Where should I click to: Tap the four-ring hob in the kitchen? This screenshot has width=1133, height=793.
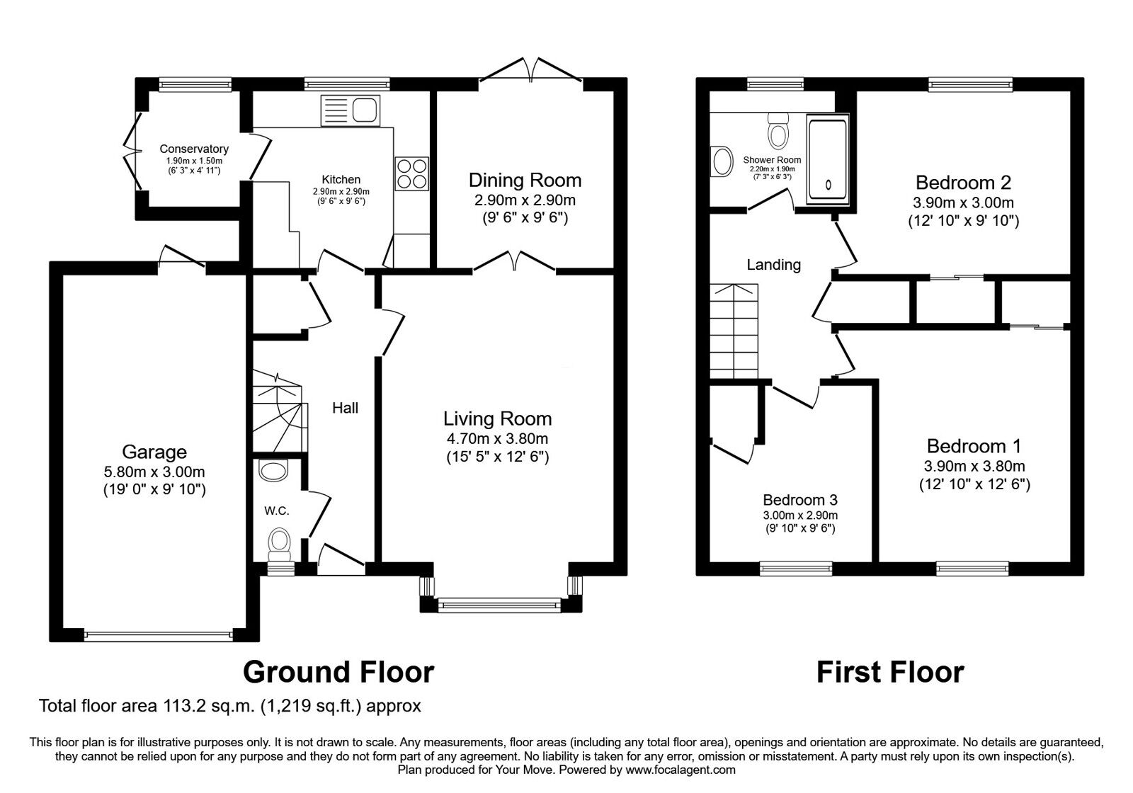point(411,173)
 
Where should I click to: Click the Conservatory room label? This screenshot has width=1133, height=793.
point(194,149)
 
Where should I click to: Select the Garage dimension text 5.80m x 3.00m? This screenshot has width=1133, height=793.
point(154,472)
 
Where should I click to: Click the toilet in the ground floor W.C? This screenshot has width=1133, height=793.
point(280,543)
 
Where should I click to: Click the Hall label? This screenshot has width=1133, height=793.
point(346,408)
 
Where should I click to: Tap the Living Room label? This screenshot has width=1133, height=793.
point(497,418)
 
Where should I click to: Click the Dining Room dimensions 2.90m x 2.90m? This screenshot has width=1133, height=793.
point(525,200)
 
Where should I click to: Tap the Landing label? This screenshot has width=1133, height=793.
point(773,265)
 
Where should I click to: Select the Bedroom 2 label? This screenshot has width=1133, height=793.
point(963,183)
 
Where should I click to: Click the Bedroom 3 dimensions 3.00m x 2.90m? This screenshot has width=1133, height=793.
point(800,515)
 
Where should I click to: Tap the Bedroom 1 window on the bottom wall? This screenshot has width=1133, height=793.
point(972,567)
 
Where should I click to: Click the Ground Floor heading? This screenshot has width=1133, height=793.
point(338,671)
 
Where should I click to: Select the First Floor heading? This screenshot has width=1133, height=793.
point(890,671)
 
